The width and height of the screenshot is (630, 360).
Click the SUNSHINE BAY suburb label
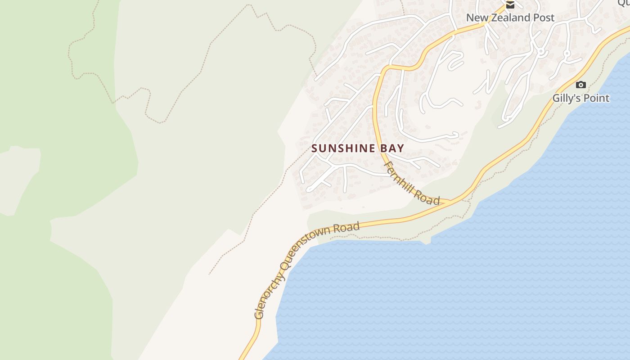point(358,148)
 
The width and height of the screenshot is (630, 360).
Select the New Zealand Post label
point(510,18)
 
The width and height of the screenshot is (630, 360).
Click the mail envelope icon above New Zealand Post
point(510,5)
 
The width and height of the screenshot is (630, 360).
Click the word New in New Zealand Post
point(476,18)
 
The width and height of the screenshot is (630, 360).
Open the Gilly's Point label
point(581,98)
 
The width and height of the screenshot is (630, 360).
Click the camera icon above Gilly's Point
point(581,85)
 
